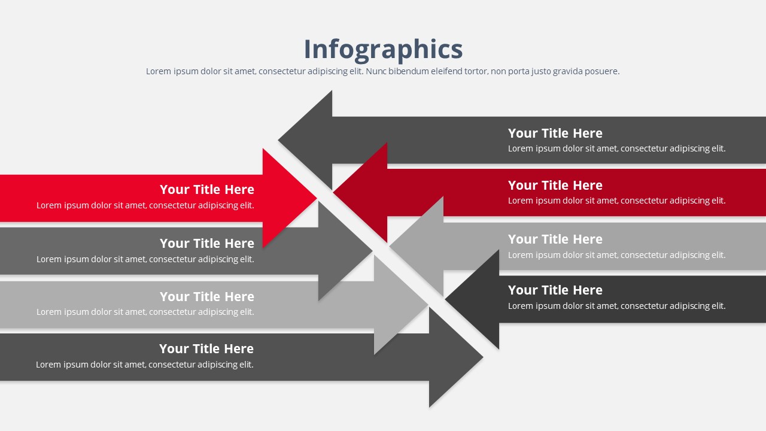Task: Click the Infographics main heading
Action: [x=383, y=49]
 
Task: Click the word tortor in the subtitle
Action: [x=475, y=71]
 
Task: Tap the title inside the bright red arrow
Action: [x=207, y=190]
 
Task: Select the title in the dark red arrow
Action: [x=555, y=186]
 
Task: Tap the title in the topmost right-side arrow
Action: [x=555, y=133]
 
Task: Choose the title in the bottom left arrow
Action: [x=206, y=349]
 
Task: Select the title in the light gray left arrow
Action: [x=207, y=297]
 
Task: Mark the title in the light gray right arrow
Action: [x=555, y=239]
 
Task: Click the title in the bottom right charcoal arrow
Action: [x=555, y=290]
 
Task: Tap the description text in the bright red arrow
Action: [x=145, y=206]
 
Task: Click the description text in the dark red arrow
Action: [x=616, y=201]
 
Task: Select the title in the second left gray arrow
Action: [x=207, y=244]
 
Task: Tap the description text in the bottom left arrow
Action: [x=145, y=365]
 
